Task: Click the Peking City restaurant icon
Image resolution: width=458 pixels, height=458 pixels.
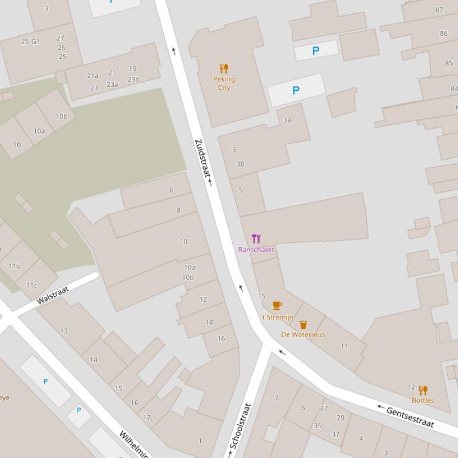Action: click(224, 68)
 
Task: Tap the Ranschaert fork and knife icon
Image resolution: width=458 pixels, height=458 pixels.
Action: click(256, 239)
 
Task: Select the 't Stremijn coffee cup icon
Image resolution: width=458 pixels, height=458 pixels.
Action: click(277, 306)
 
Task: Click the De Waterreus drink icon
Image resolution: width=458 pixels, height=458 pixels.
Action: click(303, 325)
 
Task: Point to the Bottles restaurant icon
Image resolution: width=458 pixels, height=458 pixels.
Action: click(423, 390)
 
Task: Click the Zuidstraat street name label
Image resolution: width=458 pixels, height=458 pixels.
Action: click(202, 159)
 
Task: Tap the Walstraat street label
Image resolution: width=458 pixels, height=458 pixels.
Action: click(52, 295)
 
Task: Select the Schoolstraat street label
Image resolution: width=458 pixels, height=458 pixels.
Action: click(241, 426)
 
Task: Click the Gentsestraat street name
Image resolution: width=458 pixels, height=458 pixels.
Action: click(410, 416)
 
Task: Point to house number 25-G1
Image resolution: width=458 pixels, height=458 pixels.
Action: click(30, 42)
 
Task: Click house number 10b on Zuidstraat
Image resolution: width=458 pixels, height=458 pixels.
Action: click(188, 278)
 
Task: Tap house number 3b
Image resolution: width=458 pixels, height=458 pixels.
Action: click(240, 164)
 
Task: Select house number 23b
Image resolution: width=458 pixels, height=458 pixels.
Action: click(133, 80)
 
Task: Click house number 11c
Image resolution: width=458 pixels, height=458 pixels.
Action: click(32, 286)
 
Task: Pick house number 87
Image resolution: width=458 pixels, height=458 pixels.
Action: click(440, 10)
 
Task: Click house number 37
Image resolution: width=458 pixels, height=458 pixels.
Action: click(335, 434)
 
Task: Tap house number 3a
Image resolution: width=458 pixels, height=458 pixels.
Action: click(287, 120)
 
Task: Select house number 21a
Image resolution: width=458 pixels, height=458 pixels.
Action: click(93, 76)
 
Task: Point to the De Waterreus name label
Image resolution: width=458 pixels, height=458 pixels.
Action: click(303, 335)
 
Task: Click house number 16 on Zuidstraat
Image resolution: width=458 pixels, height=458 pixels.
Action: click(221, 338)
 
